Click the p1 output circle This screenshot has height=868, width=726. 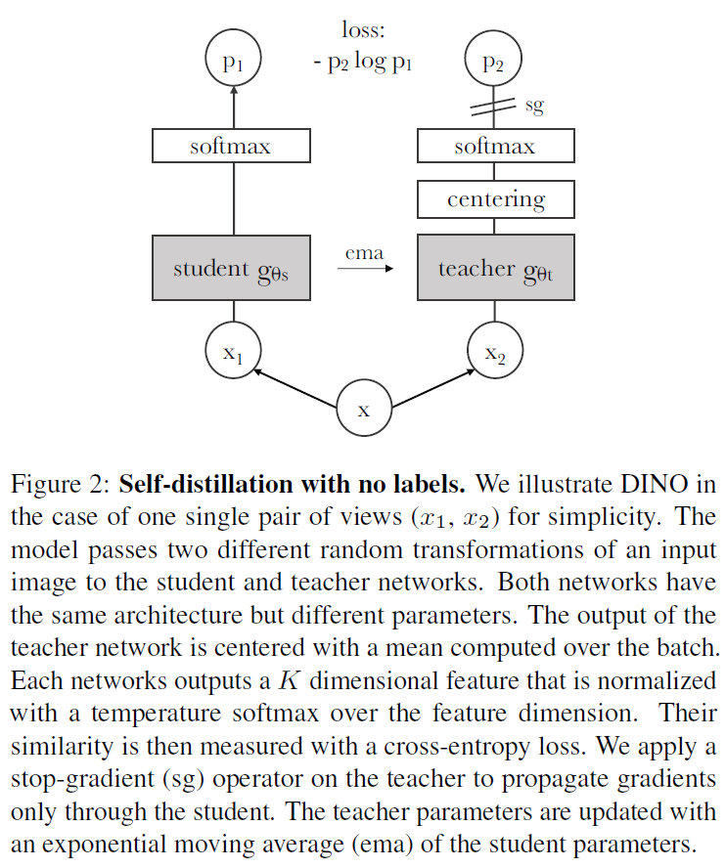(x=232, y=64)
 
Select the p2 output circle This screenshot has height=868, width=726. (x=495, y=64)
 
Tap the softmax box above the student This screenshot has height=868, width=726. (x=231, y=147)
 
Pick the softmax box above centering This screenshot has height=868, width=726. (x=495, y=147)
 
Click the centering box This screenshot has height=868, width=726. (x=495, y=200)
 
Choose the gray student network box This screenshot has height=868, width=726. (x=231, y=268)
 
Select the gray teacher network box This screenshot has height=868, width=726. (x=495, y=268)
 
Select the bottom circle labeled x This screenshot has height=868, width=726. (x=364, y=408)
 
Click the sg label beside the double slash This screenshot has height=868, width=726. (x=534, y=105)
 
